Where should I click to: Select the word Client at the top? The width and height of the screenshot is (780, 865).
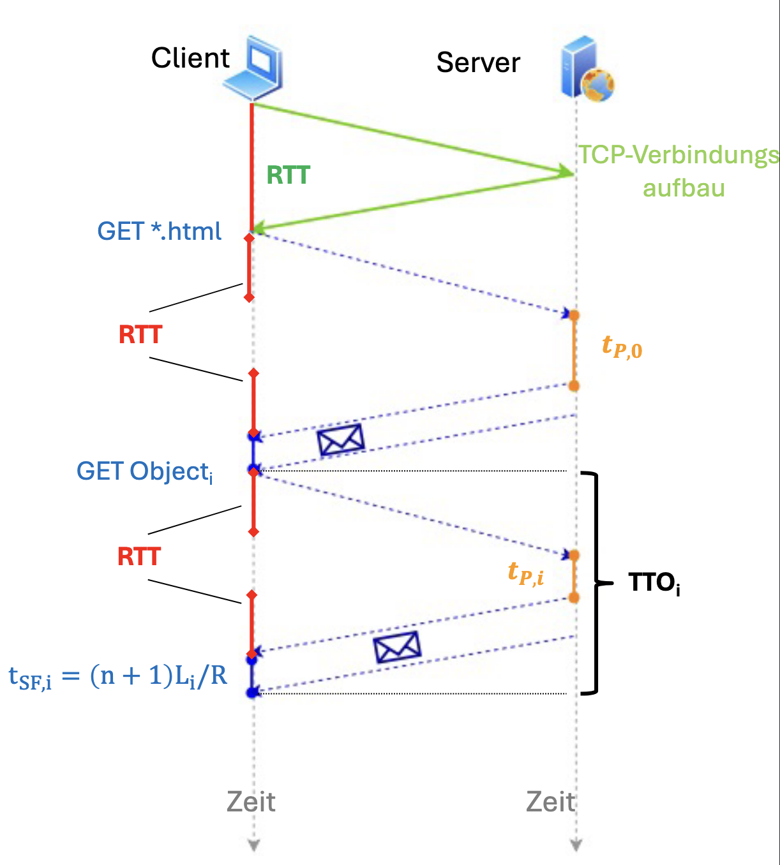190,58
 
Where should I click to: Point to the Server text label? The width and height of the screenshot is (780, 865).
478,63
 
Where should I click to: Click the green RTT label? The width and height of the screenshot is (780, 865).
288,175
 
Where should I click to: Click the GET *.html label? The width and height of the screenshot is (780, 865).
160,231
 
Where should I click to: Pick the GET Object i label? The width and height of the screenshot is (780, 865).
145,472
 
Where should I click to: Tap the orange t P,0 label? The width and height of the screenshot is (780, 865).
622,347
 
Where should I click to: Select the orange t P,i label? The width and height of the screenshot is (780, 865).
526,573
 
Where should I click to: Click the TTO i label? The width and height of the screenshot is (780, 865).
654,583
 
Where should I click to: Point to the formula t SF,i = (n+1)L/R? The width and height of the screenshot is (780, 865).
118,676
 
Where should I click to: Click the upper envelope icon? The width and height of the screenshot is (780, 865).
341,440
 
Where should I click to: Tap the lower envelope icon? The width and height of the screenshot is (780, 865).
397,647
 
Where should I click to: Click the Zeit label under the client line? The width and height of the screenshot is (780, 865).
251,802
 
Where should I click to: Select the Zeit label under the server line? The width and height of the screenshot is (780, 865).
550,802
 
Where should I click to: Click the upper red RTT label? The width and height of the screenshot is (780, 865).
140,334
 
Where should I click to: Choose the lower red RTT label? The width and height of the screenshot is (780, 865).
139,556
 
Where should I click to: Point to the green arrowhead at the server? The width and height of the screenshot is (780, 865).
566,171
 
